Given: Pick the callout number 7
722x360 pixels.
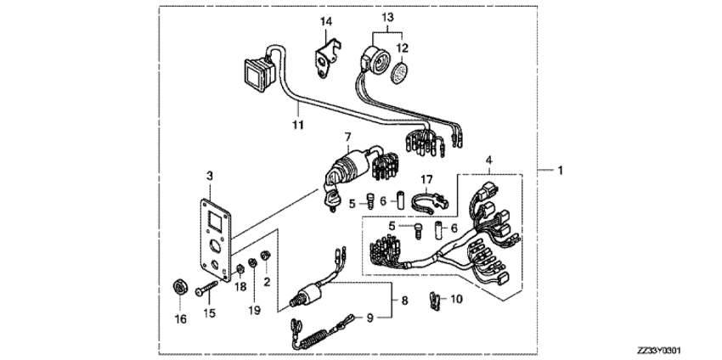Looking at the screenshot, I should pyautogui.click(x=347, y=137).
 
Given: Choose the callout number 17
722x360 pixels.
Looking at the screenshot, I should pyautogui.click(x=429, y=179).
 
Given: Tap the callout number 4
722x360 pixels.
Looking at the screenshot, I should pyautogui.click(x=488, y=159).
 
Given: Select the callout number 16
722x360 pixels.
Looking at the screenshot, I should pyautogui.click(x=179, y=318).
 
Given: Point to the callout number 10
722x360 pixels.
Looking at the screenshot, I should pyautogui.click(x=456, y=300).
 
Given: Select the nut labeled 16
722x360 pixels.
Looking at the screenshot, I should pyautogui.click(x=180, y=285).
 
